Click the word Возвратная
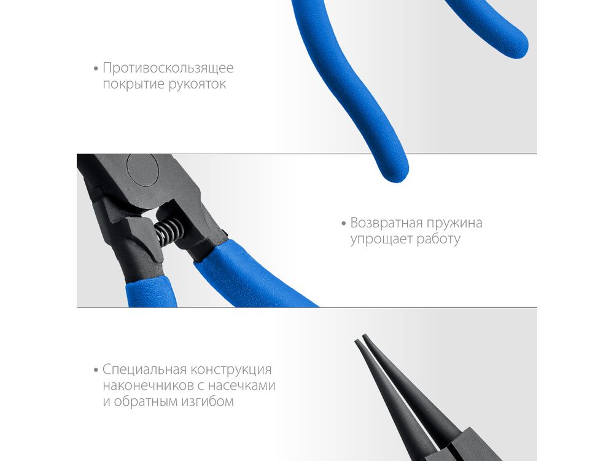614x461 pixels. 386,223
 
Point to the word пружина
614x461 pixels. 454,224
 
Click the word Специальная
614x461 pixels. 144,369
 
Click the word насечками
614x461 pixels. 241,386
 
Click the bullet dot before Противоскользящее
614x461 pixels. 96,69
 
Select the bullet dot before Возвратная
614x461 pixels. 344,224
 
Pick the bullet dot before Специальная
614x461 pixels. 96,370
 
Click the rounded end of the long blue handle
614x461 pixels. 395,173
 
